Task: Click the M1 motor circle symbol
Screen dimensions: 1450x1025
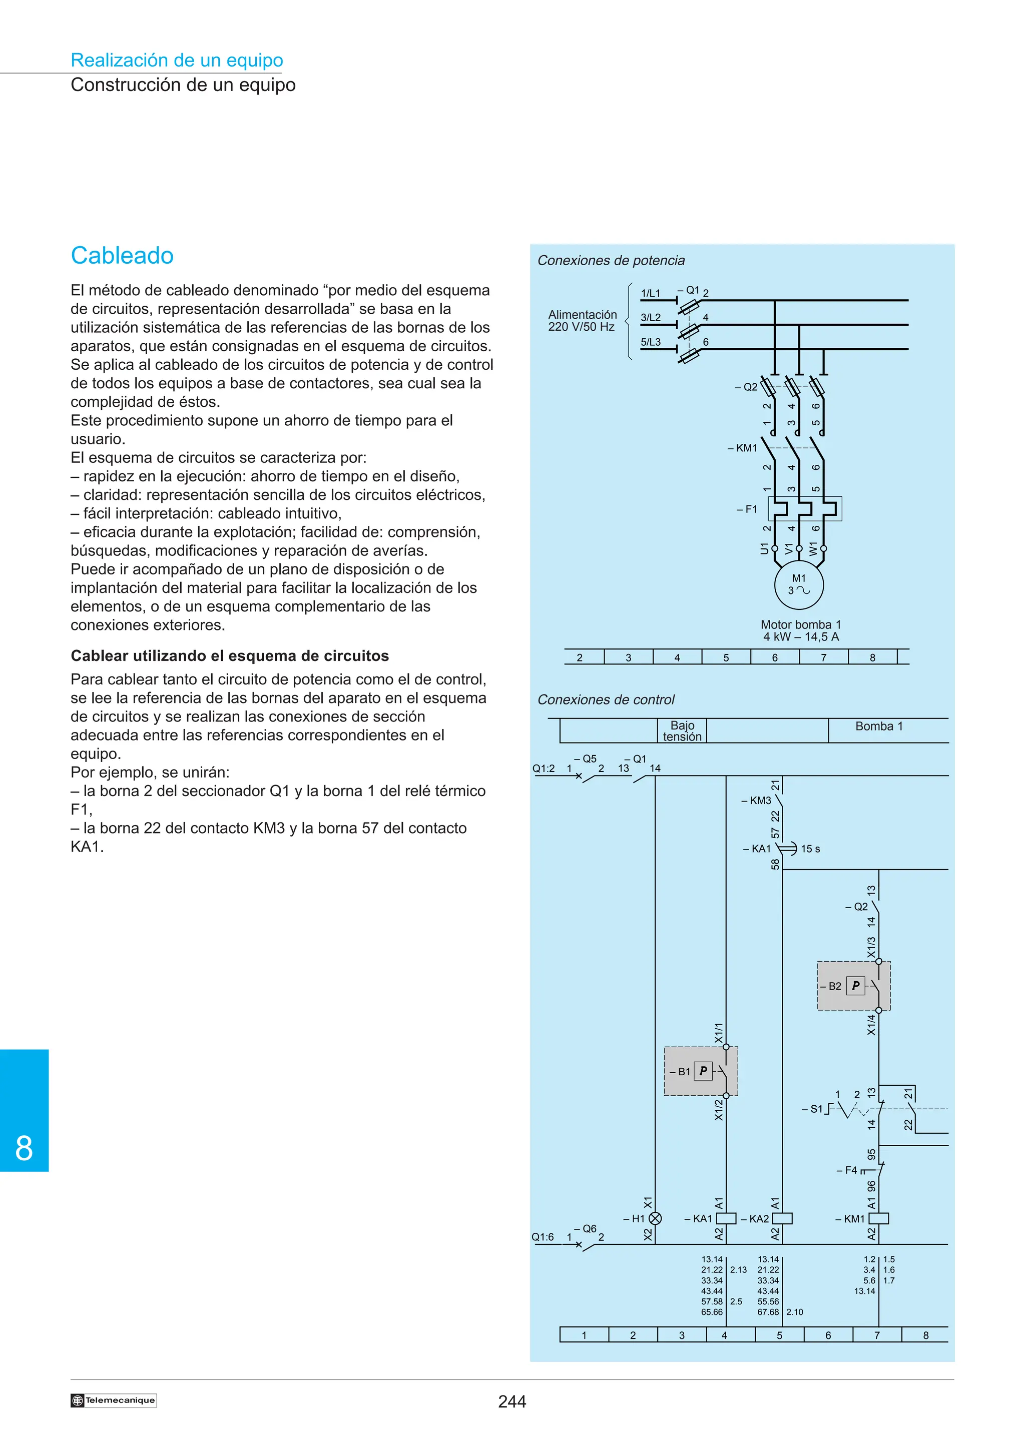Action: [x=799, y=585]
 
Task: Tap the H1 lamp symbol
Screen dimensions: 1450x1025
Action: [x=656, y=1218]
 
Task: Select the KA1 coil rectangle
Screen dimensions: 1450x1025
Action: [x=726, y=1218]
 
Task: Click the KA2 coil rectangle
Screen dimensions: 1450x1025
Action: [x=782, y=1218]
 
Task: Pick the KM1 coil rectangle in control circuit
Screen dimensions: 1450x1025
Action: [x=879, y=1218]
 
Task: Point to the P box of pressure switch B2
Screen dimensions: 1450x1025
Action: [x=856, y=985]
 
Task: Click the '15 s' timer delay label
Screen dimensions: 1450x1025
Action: [x=810, y=849]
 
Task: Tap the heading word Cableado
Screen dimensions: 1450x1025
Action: [x=122, y=256]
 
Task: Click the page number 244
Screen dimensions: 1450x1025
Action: [x=511, y=1401]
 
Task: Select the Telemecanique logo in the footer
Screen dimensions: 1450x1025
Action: [x=114, y=1400]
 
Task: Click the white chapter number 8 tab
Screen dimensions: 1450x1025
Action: [x=24, y=1148]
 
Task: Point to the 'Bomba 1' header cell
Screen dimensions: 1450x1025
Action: [x=879, y=727]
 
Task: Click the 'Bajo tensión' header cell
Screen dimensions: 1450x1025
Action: [x=682, y=731]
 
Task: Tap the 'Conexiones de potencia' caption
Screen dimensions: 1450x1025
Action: [x=611, y=260]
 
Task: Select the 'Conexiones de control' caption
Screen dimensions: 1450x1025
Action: [x=606, y=700]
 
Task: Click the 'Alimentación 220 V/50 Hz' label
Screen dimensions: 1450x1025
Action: [x=582, y=320]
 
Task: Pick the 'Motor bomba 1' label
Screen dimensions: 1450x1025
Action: [x=800, y=624]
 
